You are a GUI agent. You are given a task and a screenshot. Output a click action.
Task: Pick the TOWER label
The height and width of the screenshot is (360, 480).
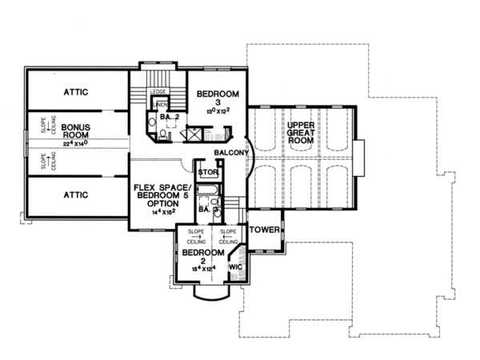263,230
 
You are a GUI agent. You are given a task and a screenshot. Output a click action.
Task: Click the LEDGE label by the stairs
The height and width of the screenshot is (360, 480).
158,93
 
